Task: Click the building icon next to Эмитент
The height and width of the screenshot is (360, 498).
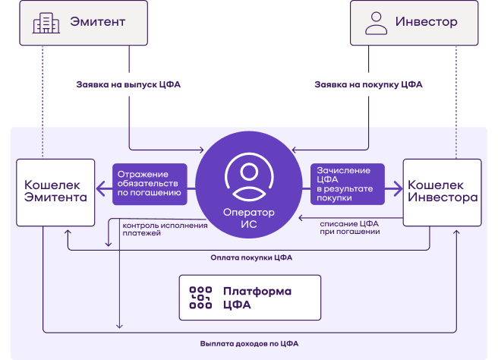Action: pos(46,23)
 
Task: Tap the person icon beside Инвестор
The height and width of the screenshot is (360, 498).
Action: pos(376,23)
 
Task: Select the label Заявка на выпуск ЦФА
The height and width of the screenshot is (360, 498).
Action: pos(128,84)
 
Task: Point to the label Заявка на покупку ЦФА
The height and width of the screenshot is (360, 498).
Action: pos(368,84)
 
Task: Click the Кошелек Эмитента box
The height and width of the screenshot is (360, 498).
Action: pos(55,193)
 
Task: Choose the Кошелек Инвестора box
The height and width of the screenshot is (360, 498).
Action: pos(442,193)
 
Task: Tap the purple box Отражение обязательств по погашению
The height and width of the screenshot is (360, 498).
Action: pos(150,184)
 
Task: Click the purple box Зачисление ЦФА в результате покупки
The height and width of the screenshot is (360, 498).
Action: pos(348,184)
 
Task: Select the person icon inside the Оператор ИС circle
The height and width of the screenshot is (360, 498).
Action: pos(249,177)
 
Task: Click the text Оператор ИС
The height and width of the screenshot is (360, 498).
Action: pos(249,218)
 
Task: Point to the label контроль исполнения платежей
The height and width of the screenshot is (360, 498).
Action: pos(165,229)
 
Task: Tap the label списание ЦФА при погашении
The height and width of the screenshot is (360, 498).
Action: pos(349,228)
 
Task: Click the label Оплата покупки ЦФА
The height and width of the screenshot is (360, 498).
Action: pos(251,257)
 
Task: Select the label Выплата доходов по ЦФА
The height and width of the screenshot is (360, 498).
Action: pos(249,343)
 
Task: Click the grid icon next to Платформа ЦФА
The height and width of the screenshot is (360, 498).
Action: pos(200,298)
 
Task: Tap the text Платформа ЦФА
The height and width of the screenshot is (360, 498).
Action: pos(257,298)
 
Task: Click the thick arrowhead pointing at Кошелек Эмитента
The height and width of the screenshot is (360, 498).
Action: pos(101,189)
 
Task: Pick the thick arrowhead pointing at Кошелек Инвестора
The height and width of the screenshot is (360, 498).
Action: pos(398,189)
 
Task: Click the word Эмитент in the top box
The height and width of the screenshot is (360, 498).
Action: pos(97,21)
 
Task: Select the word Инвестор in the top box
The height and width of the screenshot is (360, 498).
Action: pos(426,21)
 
